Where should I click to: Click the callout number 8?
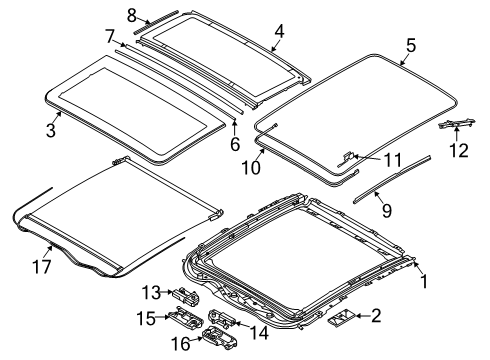(132, 15)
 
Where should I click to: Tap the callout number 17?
(42, 267)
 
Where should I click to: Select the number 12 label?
(459, 150)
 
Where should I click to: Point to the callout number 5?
(411, 45)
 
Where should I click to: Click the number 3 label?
(51, 130)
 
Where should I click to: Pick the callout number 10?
(251, 167)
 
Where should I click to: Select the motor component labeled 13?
(185, 296)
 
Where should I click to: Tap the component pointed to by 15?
(187, 319)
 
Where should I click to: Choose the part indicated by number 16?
(220, 339)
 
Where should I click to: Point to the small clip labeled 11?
(347, 158)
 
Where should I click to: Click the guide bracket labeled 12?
(457, 124)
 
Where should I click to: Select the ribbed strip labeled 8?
(156, 22)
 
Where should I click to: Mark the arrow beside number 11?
(367, 157)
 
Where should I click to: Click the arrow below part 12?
(457, 134)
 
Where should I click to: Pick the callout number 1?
(424, 281)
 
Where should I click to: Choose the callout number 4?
(279, 31)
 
